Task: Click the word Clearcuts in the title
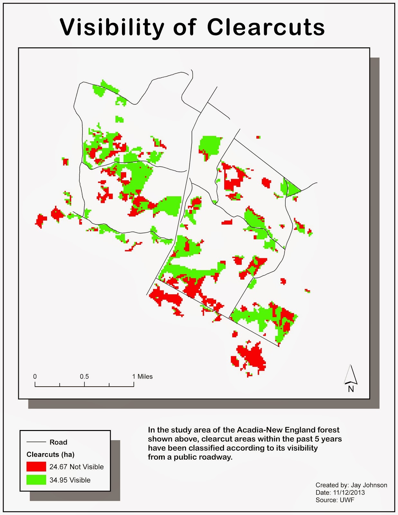266,28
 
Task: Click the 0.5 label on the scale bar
84,377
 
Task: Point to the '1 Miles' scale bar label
143,377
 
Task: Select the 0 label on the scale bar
35,377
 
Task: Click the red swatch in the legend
36,467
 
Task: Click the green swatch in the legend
36,480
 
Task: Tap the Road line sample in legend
36,442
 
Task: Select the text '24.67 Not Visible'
77,467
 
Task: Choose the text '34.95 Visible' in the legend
70,480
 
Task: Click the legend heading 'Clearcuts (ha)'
51,454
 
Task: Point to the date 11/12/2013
349,492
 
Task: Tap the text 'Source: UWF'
335,500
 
